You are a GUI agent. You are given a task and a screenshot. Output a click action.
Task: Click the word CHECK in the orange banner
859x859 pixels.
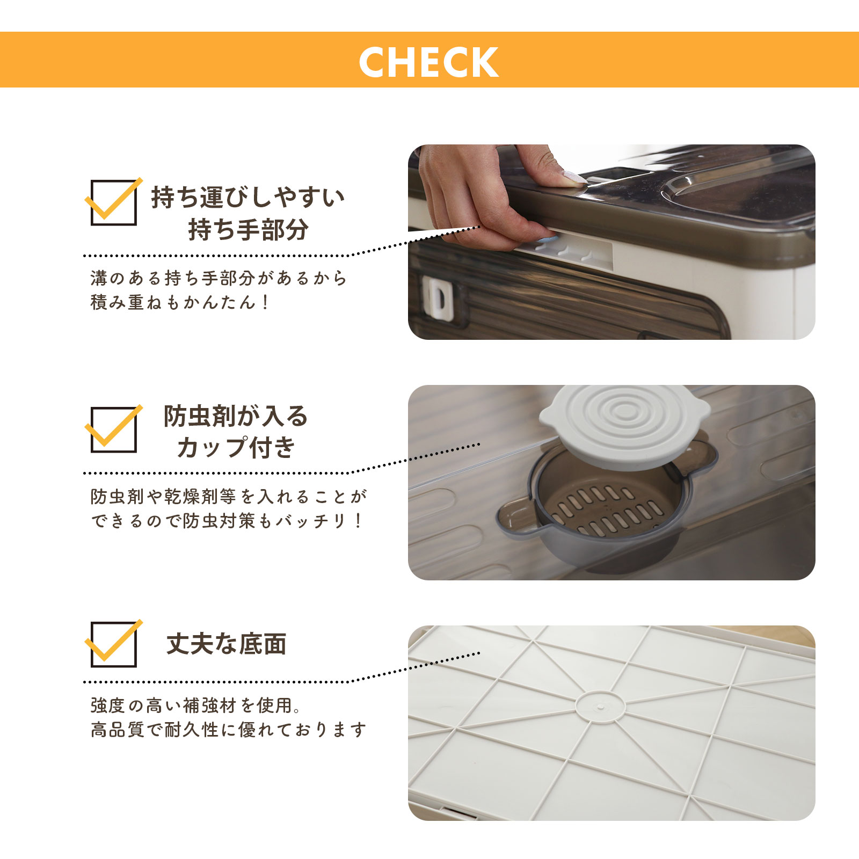pyautogui.click(x=428, y=62)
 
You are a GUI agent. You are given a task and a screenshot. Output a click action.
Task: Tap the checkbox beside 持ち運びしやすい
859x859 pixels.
pyautogui.click(x=113, y=202)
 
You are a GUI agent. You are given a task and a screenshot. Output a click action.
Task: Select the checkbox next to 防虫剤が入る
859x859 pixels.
pyautogui.click(x=113, y=429)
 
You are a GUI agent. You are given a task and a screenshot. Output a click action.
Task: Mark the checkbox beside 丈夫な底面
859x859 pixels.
pyautogui.click(x=113, y=644)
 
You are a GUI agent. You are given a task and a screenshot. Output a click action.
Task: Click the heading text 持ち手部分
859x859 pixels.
pyautogui.click(x=249, y=230)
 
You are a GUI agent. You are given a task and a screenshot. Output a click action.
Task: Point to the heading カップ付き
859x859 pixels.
pyautogui.click(x=236, y=448)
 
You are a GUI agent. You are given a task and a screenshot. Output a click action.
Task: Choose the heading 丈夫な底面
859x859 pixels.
pyautogui.click(x=226, y=644)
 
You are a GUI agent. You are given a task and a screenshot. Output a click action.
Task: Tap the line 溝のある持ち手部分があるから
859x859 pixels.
pyautogui.click(x=219, y=278)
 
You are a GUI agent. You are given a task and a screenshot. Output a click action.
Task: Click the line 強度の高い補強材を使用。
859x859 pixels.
pyautogui.click(x=196, y=705)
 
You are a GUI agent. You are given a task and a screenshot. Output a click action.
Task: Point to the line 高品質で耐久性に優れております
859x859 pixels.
pyautogui.click(x=228, y=730)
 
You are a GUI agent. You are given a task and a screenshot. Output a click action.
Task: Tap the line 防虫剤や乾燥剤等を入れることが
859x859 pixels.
pyautogui.click(x=228, y=497)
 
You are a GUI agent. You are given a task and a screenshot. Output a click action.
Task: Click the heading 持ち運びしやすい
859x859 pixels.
pyautogui.click(x=247, y=198)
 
